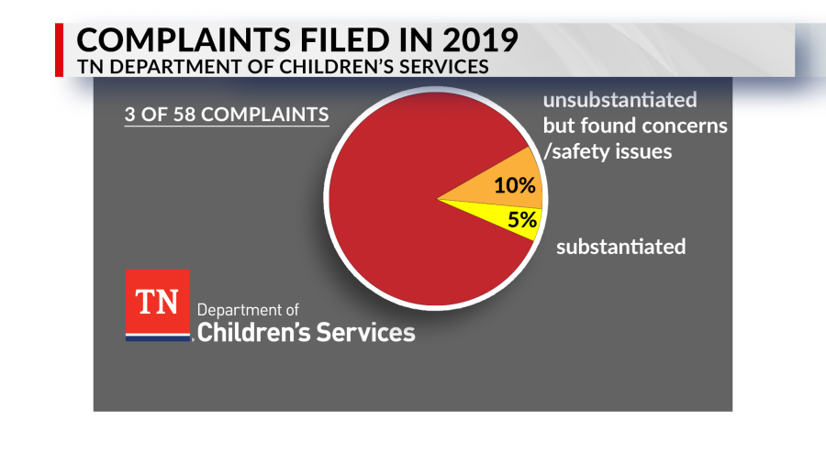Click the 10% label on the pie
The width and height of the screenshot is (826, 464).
pos(514,185)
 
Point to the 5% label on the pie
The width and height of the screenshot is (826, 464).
pos(521,220)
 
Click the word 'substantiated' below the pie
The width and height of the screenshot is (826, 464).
pos(620,246)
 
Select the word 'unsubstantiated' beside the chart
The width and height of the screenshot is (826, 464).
pos(619,99)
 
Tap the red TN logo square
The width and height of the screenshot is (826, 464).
pos(157,303)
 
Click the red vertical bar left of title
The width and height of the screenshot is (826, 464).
pos(61,50)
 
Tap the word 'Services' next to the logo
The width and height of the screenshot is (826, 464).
pos(362,331)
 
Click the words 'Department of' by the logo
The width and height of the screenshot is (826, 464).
pos(247,310)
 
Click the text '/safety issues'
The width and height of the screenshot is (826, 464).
pos(608,151)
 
